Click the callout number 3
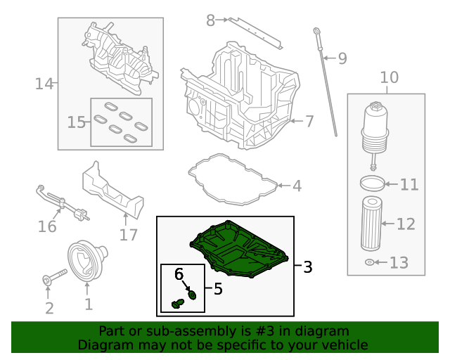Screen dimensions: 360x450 [x=307, y=267]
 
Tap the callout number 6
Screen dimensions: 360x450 [x=179, y=273]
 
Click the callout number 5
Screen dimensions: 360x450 [x=218, y=288]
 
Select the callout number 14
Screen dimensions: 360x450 [x=44, y=84]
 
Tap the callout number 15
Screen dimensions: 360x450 [x=76, y=122]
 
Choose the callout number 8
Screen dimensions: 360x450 [x=210, y=20]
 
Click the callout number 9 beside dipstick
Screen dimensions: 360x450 [x=342, y=58]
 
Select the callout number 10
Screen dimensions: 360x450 [x=389, y=77]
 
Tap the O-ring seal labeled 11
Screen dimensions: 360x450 [x=374, y=184]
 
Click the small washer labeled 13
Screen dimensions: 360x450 [x=370, y=263]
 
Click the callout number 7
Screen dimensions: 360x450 [x=309, y=121]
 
